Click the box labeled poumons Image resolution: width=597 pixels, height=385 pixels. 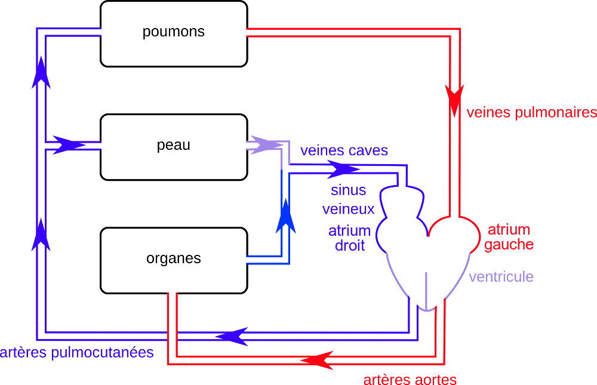click(174, 33)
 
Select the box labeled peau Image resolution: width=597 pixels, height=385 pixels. click(174, 147)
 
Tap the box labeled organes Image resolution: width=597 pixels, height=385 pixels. click(174, 260)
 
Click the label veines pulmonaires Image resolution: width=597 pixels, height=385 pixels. click(531, 112)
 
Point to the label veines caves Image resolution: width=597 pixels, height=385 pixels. click(344, 150)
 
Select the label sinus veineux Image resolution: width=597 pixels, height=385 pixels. click(349, 200)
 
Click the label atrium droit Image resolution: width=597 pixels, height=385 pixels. click(349, 238)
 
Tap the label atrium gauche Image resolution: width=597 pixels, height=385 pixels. click(509, 237)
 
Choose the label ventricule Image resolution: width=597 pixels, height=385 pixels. click(501, 277)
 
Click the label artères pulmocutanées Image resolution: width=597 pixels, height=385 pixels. click(76, 352)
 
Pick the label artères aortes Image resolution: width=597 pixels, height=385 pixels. click(410, 380)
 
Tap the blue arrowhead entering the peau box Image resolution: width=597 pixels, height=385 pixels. click(69, 145)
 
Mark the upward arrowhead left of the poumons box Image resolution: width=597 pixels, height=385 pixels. click(41, 73)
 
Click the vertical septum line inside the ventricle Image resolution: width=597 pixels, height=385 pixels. click(426, 289)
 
